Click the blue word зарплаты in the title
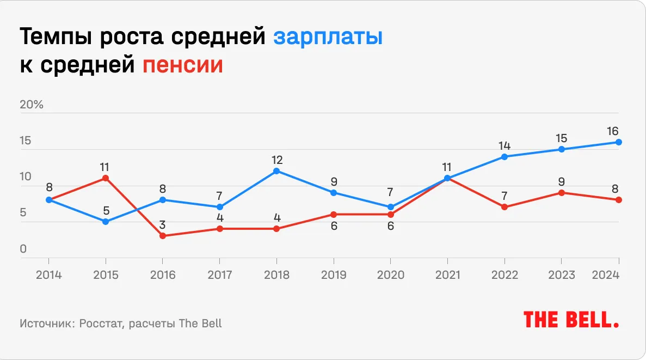pyautogui.click(x=328, y=38)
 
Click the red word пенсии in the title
pyautogui.click(x=183, y=65)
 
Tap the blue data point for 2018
pyautogui.click(x=276, y=171)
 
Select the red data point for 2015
pyautogui.click(x=106, y=178)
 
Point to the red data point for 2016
pyautogui.click(x=162, y=236)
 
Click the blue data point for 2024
pyautogui.click(x=619, y=142)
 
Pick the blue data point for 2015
pyautogui.click(x=106, y=222)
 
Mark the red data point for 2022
pyautogui.click(x=505, y=207)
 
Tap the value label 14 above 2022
pyautogui.click(x=505, y=145)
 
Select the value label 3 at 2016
pyautogui.click(x=162, y=225)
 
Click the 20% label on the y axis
pyautogui.click(x=32, y=105)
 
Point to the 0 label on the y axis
pyautogui.click(x=23, y=249)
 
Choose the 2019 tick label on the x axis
pyautogui.click(x=334, y=274)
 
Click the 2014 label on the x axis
pyautogui.click(x=49, y=274)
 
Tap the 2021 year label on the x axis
pyautogui.click(x=447, y=274)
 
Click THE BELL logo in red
pyautogui.click(x=571, y=320)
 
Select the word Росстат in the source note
pyautogui.click(x=97, y=323)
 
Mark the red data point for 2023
pyautogui.click(x=562, y=193)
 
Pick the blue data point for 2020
pyautogui.click(x=390, y=207)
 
